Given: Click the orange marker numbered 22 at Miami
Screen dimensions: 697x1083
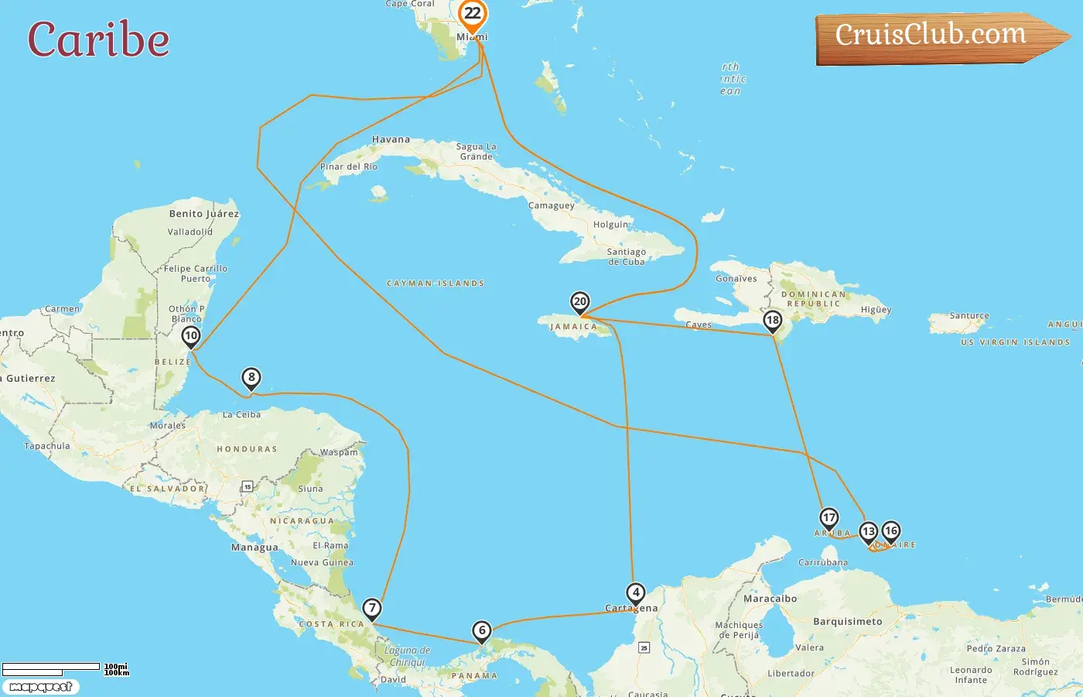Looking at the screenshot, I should click(x=472, y=14).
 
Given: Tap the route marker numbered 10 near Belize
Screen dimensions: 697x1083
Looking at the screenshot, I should click(x=190, y=336).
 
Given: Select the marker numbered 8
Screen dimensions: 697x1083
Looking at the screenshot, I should click(x=251, y=378).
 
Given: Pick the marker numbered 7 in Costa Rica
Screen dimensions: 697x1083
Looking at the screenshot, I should click(x=372, y=608).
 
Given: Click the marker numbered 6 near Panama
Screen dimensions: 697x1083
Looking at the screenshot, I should click(x=481, y=630).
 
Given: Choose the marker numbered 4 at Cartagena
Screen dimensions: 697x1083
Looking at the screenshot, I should click(x=635, y=593).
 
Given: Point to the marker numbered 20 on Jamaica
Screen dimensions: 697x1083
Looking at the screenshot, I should click(x=579, y=301).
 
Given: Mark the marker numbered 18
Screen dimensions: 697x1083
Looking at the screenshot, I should click(x=772, y=320).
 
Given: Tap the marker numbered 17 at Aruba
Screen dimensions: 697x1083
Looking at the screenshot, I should click(x=828, y=517).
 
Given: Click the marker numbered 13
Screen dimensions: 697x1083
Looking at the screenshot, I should click(x=868, y=531).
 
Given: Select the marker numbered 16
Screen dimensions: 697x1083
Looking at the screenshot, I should click(x=891, y=530).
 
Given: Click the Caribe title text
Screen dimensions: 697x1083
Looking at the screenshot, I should click(x=98, y=40).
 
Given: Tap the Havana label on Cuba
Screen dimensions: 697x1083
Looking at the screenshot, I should click(x=391, y=140).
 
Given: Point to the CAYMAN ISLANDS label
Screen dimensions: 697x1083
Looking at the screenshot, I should click(x=436, y=283).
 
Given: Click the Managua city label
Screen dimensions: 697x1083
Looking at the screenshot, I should click(x=255, y=548).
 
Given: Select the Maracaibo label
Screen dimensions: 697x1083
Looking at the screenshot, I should click(x=770, y=599).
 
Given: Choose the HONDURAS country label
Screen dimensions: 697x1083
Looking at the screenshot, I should click(x=247, y=449).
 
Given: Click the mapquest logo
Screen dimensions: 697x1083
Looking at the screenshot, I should click(x=40, y=687).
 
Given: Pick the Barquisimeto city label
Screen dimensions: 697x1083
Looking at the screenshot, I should click(x=847, y=621).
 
